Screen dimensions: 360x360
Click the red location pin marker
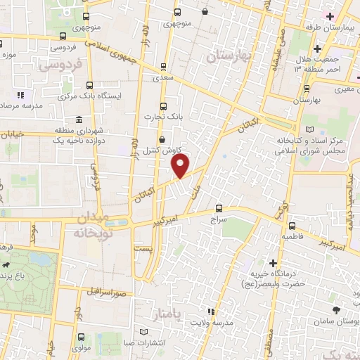coord(181,165)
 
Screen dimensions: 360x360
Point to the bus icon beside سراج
coord(220,208)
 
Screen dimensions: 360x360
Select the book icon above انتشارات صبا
coord(145,330)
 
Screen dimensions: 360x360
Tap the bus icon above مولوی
coord(82,337)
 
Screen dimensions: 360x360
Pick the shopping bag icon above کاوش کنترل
coord(163,139)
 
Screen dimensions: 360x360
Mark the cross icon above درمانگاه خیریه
coord(272,262)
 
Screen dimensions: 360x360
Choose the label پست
coord(143,250)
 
